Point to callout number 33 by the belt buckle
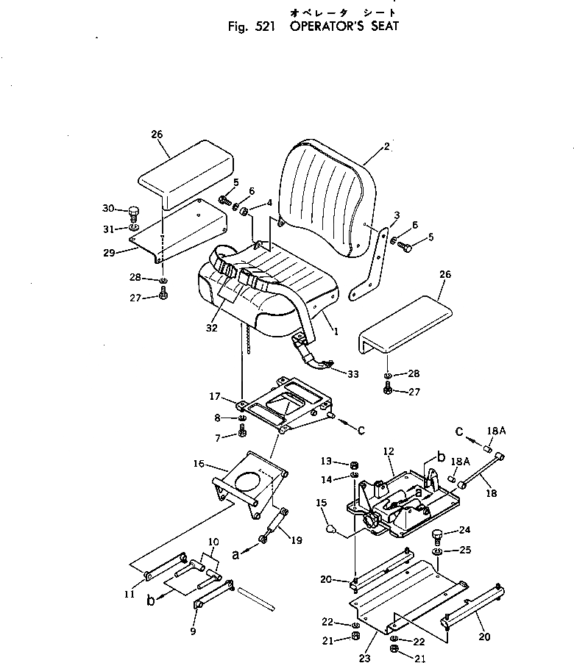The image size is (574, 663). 353,374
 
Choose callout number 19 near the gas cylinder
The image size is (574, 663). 297,540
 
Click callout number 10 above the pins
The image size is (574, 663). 213,542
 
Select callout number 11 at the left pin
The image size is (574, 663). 130,595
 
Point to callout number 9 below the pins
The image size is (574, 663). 194,630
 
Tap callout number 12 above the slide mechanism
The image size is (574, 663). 389,451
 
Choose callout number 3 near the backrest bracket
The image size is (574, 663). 396,215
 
